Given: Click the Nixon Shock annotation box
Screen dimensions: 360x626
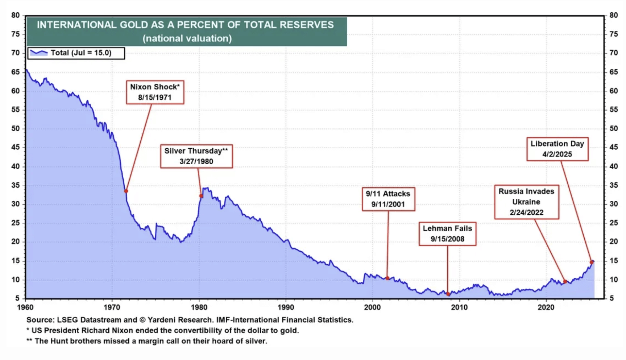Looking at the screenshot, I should click(x=155, y=92).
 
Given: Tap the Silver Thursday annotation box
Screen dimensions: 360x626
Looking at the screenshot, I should click(x=196, y=156).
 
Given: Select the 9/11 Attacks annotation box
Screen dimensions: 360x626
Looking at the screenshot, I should click(x=388, y=199).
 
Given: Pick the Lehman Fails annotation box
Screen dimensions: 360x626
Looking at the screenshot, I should click(x=447, y=234).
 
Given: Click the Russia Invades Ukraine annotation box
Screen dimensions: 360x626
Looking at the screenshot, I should click(x=526, y=202).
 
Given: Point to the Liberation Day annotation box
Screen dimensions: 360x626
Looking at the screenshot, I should click(x=557, y=149).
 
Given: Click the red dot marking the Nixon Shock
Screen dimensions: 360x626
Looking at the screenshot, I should click(x=126, y=191).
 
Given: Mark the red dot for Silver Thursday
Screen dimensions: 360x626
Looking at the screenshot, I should click(x=201, y=196).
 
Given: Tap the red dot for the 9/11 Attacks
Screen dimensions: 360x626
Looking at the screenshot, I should click(x=387, y=278).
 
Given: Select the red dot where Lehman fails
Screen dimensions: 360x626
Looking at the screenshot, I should click(x=448, y=294).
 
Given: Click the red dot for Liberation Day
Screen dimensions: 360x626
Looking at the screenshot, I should click(x=592, y=262).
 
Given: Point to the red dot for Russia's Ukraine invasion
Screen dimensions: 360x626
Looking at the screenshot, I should click(x=565, y=282).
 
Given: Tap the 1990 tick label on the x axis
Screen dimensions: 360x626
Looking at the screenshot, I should click(x=286, y=307).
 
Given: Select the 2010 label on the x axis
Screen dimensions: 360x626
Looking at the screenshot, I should click(x=459, y=307).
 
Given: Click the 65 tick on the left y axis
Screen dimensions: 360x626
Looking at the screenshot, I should click(x=15, y=72).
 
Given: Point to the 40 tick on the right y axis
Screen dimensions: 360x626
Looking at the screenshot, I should click(x=613, y=166).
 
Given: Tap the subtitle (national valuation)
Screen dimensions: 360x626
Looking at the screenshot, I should click(x=187, y=38).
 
